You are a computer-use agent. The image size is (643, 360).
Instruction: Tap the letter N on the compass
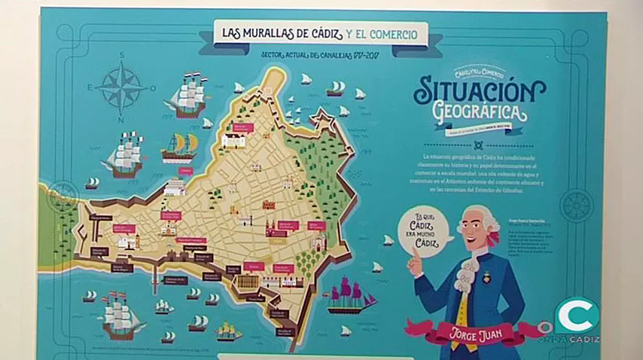pyautogui.click(x=120, y=121)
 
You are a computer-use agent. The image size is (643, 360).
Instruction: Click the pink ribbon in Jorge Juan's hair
pyautogui.click(x=494, y=237)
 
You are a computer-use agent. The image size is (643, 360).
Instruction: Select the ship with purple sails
pyautogui.click(x=349, y=294)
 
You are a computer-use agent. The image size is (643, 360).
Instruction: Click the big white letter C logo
pyautogui.click(x=576, y=315)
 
